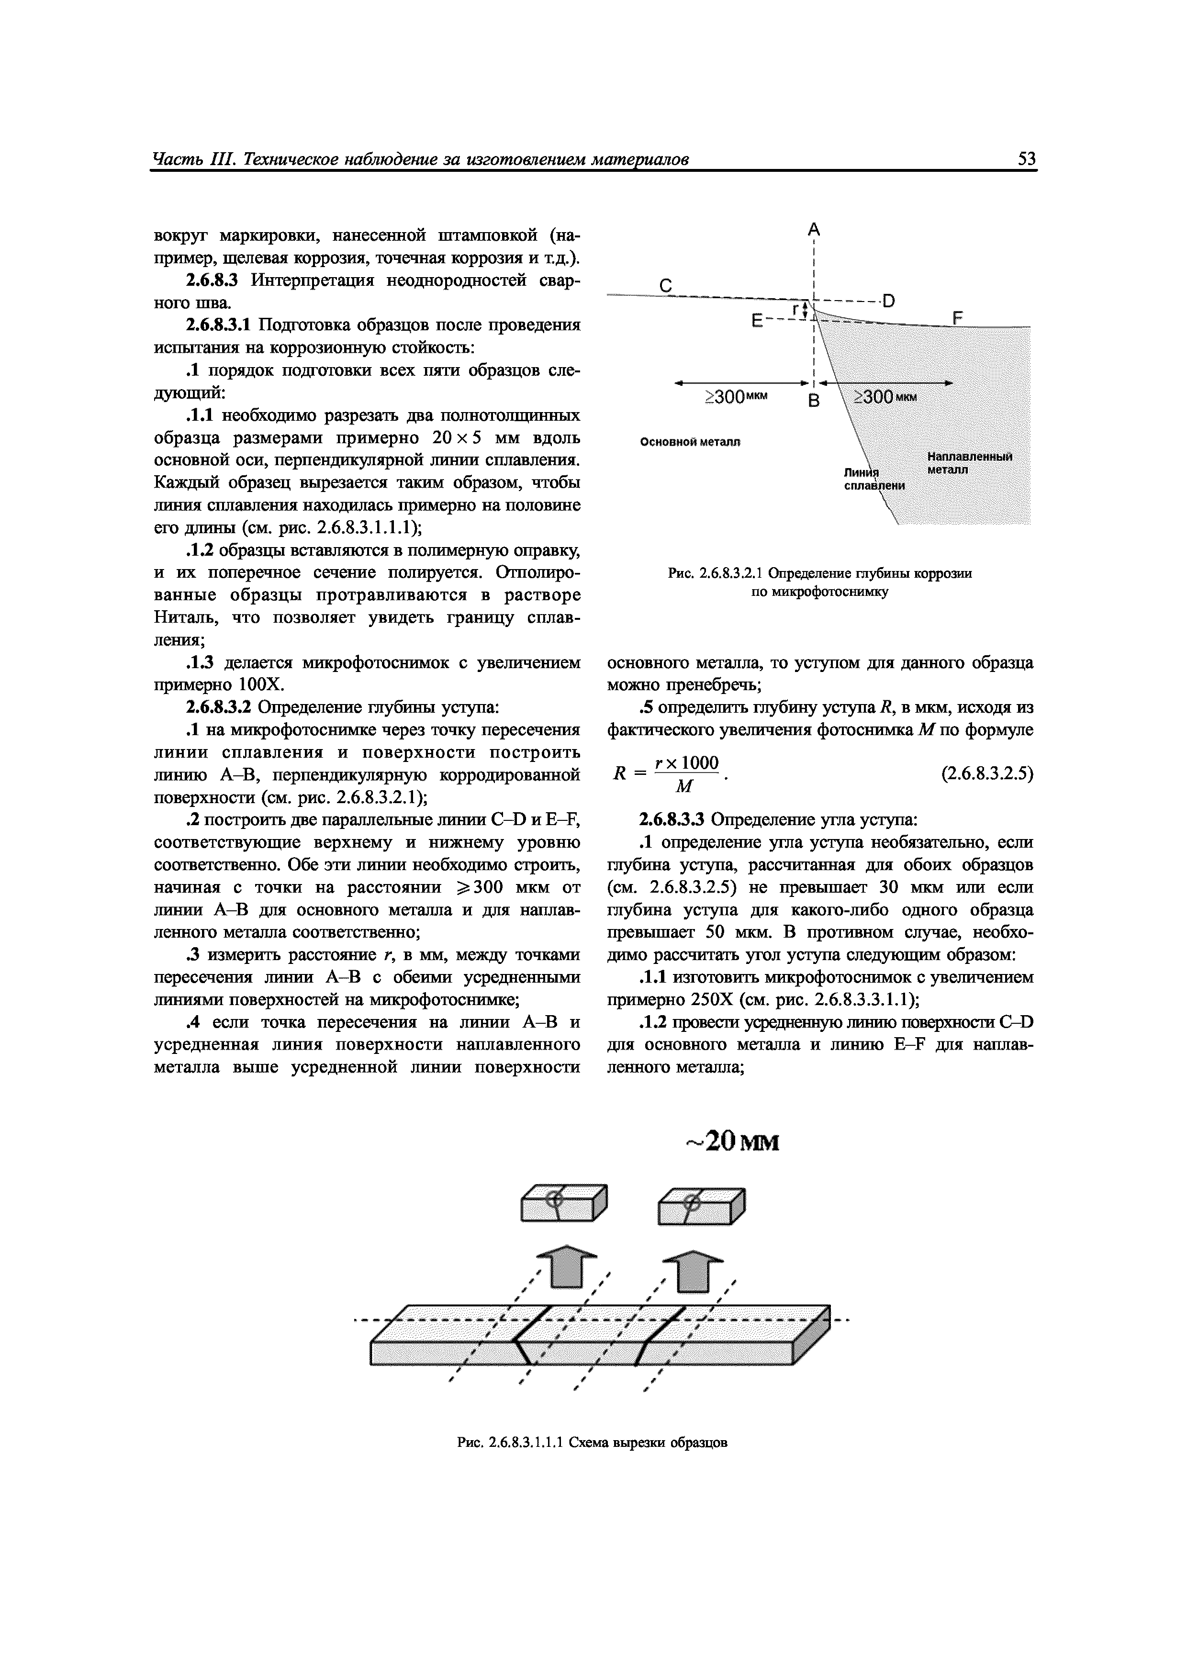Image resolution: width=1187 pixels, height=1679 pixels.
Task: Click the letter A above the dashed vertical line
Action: coord(813,230)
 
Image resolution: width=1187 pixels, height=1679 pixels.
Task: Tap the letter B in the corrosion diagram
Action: coord(813,401)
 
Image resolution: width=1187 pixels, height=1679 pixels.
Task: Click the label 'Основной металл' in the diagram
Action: coord(690,442)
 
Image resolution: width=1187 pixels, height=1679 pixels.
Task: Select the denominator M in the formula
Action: coord(684,786)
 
